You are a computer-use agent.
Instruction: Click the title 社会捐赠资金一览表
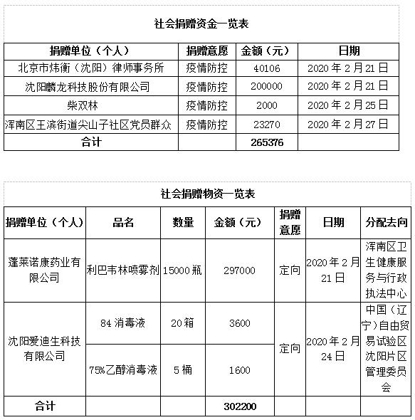click(x=201, y=23)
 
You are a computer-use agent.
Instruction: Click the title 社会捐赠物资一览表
click(x=208, y=194)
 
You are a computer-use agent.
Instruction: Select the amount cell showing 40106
click(x=266, y=69)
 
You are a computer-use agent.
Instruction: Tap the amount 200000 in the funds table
click(x=266, y=87)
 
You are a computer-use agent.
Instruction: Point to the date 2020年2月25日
click(x=349, y=105)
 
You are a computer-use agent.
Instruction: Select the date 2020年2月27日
click(x=349, y=124)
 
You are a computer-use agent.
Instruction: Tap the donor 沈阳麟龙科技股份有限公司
click(x=88, y=87)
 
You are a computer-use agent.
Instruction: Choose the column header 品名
click(x=123, y=223)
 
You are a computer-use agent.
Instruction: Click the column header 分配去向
click(x=387, y=223)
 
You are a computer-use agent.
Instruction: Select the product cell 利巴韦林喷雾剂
click(x=123, y=271)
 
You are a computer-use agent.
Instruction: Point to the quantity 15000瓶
click(x=182, y=271)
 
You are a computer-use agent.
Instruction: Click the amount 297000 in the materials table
click(x=239, y=271)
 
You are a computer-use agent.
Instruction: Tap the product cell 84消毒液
click(x=123, y=323)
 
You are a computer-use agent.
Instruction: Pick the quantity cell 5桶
click(x=182, y=370)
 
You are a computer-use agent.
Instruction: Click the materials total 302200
click(x=239, y=407)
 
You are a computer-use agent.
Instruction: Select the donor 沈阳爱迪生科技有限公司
click(x=45, y=349)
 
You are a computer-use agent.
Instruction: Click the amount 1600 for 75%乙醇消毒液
click(x=239, y=370)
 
